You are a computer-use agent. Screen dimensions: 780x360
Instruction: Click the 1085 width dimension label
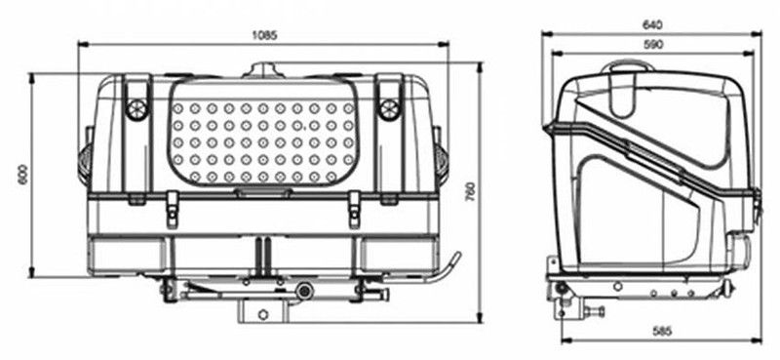click(264, 35)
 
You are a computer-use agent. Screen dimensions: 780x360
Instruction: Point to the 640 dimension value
click(652, 24)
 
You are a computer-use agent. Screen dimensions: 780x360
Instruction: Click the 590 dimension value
click(653, 44)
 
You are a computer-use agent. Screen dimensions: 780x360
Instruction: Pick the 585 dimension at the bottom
click(662, 330)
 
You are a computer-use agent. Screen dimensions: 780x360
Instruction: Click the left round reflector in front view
click(136, 108)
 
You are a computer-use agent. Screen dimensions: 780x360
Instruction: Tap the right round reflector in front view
click(389, 108)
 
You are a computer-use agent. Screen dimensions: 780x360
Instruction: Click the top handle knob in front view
click(264, 69)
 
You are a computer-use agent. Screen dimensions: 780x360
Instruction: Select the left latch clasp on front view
click(173, 209)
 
